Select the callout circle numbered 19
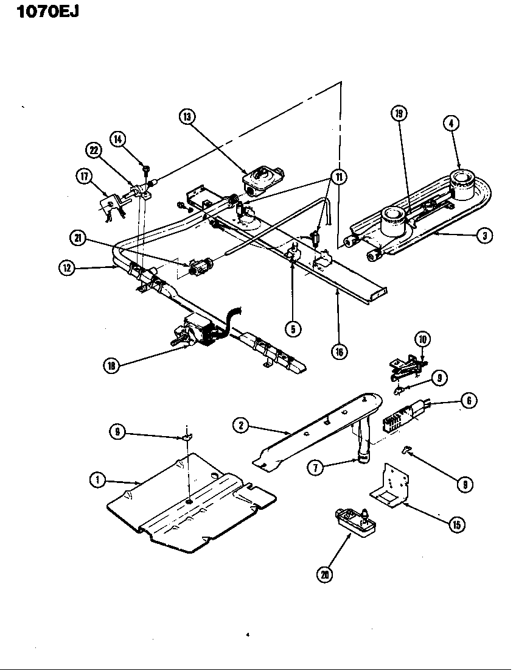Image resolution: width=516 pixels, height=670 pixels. [399, 114]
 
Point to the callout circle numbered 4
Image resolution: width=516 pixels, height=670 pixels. [451, 124]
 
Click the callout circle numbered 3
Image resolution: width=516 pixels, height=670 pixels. [484, 237]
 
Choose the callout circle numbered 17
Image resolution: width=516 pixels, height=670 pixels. [83, 177]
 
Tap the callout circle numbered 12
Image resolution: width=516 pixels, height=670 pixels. [68, 267]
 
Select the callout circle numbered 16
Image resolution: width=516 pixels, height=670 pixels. [338, 351]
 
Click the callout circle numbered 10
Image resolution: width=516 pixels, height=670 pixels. [422, 339]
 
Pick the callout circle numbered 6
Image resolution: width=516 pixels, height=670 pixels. [469, 400]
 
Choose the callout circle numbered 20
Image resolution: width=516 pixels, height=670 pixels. [325, 574]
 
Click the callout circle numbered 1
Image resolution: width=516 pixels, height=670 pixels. [96, 481]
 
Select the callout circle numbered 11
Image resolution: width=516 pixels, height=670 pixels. [336, 177]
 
